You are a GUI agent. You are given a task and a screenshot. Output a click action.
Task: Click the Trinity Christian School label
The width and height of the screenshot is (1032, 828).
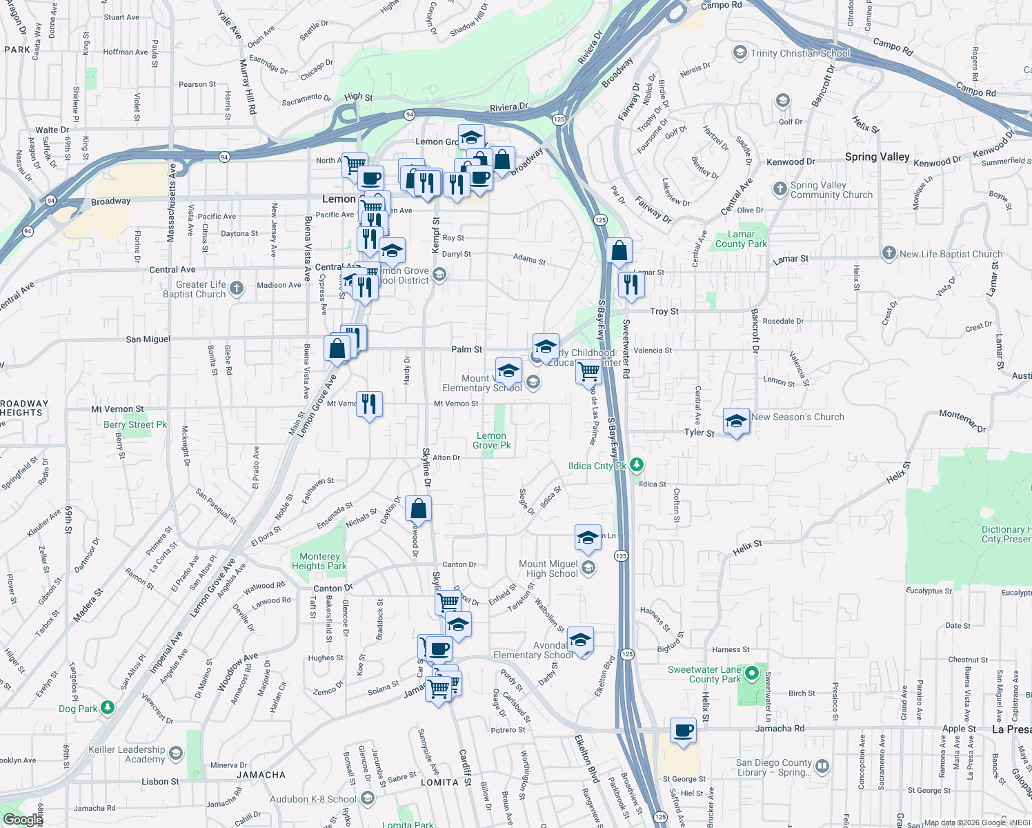[x=800, y=53]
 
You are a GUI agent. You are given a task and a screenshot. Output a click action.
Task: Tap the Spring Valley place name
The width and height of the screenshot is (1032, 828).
[x=877, y=157]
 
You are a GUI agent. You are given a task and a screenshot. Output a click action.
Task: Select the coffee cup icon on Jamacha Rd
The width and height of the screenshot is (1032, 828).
[x=684, y=731]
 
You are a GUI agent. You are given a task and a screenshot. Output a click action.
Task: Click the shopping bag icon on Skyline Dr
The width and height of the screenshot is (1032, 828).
[x=418, y=509]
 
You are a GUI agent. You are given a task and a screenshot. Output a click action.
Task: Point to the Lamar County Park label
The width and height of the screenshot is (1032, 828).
[x=741, y=239]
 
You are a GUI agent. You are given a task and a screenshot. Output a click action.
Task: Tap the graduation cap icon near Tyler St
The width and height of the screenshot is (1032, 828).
[x=736, y=421]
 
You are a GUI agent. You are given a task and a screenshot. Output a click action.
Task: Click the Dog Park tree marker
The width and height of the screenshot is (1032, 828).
[x=107, y=708]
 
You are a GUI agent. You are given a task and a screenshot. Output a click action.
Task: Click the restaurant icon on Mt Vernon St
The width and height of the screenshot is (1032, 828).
[x=369, y=404]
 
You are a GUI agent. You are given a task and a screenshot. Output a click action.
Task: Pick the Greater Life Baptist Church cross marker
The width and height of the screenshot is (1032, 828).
[x=237, y=288]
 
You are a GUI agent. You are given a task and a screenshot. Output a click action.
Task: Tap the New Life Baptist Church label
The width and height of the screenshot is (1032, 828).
[x=951, y=254]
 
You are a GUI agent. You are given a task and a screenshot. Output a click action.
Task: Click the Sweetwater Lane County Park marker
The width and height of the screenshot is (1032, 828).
[x=752, y=673]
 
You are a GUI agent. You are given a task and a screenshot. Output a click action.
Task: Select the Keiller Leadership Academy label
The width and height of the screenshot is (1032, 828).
[x=127, y=754]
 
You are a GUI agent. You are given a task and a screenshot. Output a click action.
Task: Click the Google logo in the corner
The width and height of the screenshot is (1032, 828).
[x=23, y=820]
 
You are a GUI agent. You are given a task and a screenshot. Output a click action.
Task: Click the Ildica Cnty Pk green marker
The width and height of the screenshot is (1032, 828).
[x=636, y=465]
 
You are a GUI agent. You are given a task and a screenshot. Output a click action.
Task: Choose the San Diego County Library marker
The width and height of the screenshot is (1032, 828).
[x=822, y=766]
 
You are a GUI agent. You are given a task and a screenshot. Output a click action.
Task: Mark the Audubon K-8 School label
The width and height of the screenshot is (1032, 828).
[x=313, y=799]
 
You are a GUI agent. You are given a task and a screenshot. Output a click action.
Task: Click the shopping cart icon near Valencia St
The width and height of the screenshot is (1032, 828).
[x=588, y=371]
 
